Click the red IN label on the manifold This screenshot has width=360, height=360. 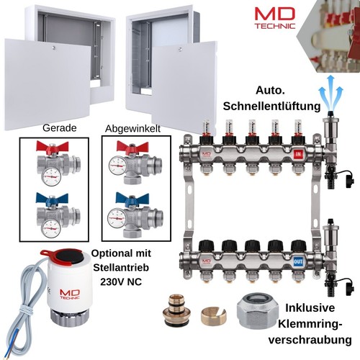tap(298, 154)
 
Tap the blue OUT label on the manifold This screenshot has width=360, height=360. tap(298, 261)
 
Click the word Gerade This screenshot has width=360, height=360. tap(60, 128)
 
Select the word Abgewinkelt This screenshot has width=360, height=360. tap(132, 129)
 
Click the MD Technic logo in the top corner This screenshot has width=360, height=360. tap(275, 18)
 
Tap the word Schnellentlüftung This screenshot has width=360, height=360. tap(271, 106)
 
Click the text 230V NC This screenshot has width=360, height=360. tap(121, 282)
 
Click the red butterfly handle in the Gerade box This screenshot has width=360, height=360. tap(53, 145)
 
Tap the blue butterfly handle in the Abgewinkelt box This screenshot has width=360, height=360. tap(132, 197)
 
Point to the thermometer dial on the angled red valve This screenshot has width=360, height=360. tap(117, 166)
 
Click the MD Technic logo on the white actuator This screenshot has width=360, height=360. tap(70, 294)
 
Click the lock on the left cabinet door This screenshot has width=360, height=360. tap(55, 48)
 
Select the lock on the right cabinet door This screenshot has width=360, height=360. tap(180, 50)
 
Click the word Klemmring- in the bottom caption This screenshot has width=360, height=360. tap(310, 325)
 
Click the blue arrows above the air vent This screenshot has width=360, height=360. tap(330, 91)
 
